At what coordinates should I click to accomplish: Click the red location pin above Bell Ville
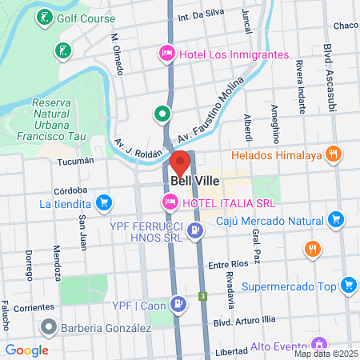point(180,162)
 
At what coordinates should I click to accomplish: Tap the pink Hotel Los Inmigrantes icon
point(166,54)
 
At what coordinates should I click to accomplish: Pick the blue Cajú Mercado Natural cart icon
point(336,218)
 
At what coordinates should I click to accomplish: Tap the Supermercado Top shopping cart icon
point(348,285)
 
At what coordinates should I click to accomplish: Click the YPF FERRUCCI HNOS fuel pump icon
point(194,232)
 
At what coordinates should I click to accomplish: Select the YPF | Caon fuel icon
point(180,303)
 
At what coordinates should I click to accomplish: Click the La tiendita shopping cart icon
point(103,203)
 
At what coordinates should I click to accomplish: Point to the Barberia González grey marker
point(49,327)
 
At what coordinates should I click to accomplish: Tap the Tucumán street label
point(76,160)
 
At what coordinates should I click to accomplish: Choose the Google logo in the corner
point(26,350)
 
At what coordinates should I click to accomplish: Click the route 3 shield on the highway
point(203,297)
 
